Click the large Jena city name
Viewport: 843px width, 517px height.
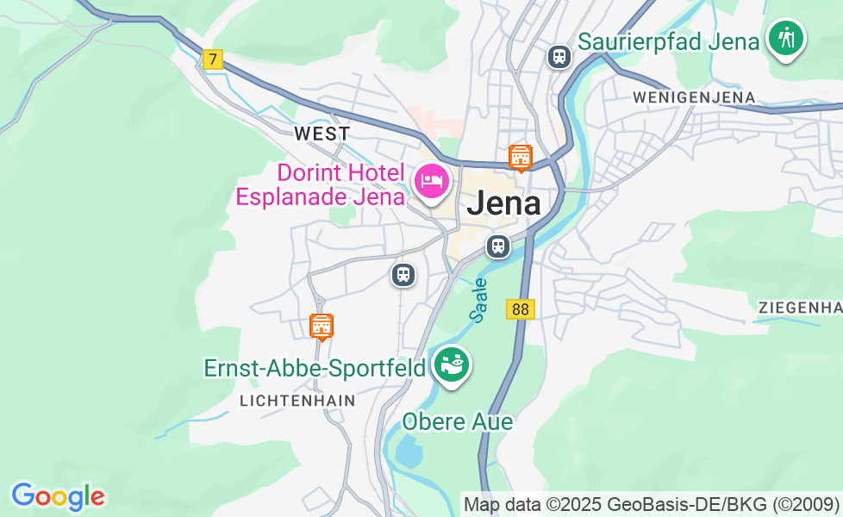[x=504, y=203]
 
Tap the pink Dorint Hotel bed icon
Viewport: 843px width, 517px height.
[x=431, y=180]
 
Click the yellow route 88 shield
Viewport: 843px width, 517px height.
[x=521, y=309]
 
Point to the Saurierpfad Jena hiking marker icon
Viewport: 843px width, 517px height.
[x=785, y=38]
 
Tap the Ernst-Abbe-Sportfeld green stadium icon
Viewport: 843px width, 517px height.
[x=451, y=364]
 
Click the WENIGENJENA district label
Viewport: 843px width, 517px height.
[x=694, y=97]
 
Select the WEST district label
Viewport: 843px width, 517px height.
[x=322, y=134]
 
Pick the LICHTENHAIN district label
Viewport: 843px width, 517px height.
[x=297, y=401]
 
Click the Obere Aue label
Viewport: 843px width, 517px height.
[x=458, y=421]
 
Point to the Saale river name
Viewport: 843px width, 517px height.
[x=480, y=299]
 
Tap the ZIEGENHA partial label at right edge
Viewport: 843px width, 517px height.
[x=799, y=308]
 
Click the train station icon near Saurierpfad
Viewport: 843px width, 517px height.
[x=559, y=57]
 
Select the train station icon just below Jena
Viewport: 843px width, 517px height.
[x=497, y=246]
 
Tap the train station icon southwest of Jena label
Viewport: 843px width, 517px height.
[x=403, y=275]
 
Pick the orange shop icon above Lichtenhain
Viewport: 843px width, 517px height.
[x=322, y=326]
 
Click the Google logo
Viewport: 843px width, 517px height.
[x=58, y=496]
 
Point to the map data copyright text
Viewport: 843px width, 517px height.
[x=651, y=504]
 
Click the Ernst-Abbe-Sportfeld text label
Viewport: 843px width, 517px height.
[x=315, y=368]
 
